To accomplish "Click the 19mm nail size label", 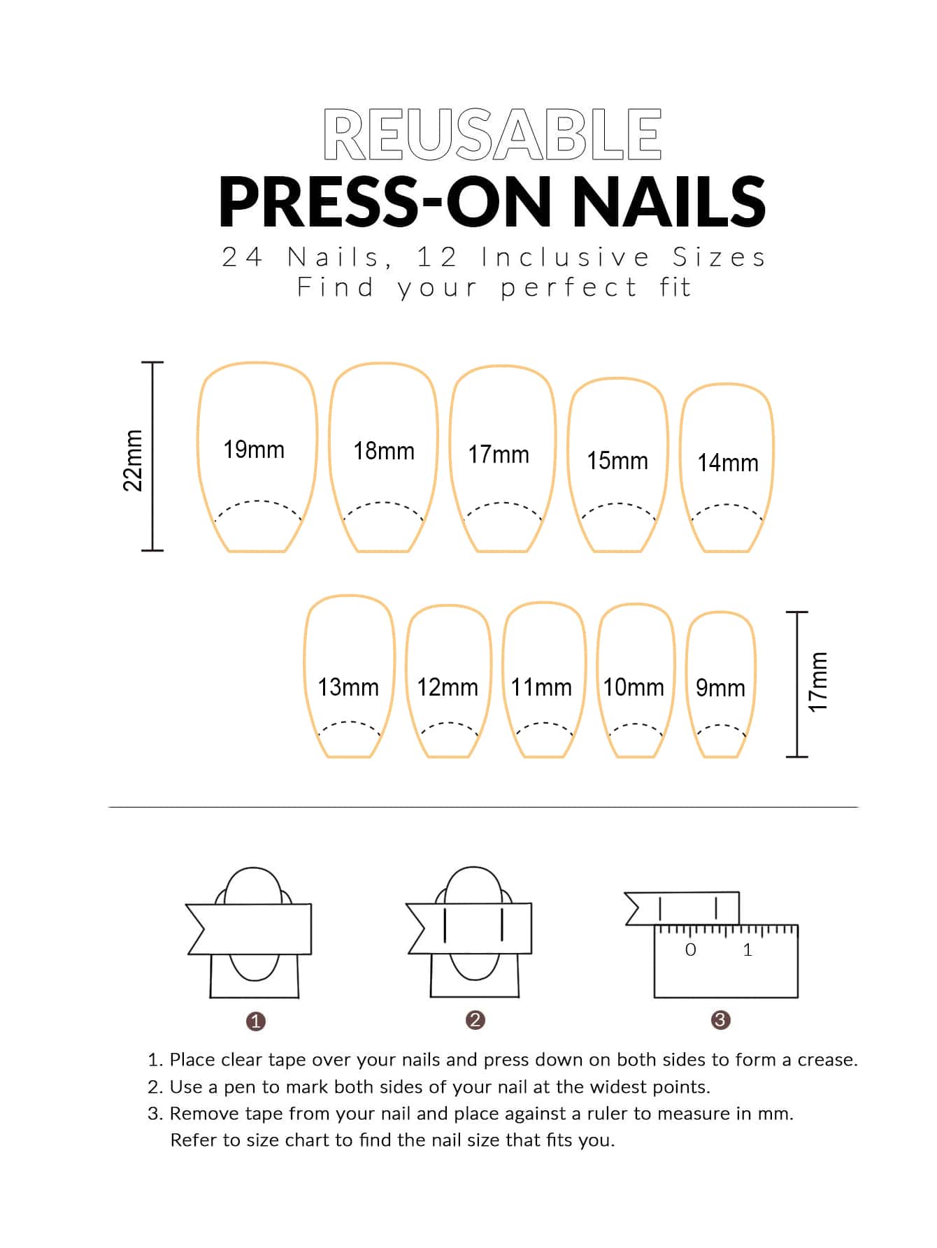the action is click(254, 450).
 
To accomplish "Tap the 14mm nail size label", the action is click(728, 463).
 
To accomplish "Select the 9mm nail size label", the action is click(720, 688).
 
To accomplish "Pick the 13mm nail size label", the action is click(348, 687).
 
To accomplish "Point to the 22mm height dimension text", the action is click(133, 460).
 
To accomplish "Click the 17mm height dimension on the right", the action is click(818, 682).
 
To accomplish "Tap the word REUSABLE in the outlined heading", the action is click(492, 134).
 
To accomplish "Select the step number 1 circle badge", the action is click(256, 1021).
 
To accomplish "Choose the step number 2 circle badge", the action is click(475, 1020).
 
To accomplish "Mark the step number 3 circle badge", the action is click(720, 1020).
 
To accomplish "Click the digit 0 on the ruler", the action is click(691, 949).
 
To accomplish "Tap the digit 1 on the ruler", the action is click(748, 949).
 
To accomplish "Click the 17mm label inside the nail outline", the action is click(499, 454).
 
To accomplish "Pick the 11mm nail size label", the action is click(541, 687).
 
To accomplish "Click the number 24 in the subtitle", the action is click(242, 257).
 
